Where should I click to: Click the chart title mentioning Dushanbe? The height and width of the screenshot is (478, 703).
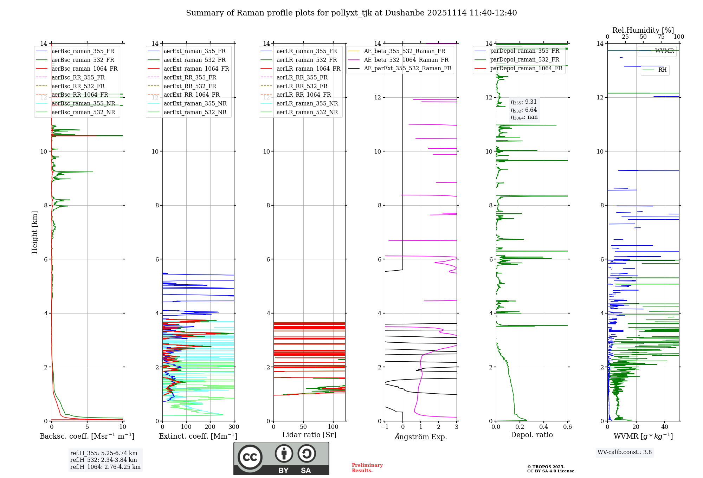click(351, 13)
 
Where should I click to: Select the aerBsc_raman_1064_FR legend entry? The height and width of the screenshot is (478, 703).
click(84, 69)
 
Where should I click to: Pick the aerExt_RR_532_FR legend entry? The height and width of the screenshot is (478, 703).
click(190, 86)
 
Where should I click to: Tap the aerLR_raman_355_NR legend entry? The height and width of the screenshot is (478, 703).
click(307, 103)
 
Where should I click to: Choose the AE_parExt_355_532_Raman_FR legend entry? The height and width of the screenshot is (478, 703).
click(408, 68)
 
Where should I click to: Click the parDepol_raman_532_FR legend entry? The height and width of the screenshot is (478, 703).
click(524, 60)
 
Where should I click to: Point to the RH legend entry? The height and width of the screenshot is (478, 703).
click(662, 70)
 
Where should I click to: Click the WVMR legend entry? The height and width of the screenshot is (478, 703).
click(664, 51)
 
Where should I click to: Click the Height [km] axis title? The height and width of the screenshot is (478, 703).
click(34, 232)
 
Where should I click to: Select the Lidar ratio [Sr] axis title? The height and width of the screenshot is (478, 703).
click(309, 435)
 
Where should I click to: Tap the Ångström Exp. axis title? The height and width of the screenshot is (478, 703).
click(421, 437)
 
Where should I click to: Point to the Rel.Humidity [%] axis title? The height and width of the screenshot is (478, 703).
click(643, 30)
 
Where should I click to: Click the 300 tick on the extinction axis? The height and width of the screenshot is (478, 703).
click(234, 427)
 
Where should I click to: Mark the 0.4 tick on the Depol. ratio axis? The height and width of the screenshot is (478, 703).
click(543, 427)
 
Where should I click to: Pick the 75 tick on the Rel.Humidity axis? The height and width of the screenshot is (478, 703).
click(661, 37)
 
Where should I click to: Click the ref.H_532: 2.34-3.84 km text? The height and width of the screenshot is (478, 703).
click(104, 460)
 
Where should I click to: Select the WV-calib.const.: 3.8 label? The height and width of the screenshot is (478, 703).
click(625, 452)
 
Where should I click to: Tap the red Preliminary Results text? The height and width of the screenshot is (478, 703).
click(367, 468)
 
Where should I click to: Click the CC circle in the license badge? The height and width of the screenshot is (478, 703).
click(250, 457)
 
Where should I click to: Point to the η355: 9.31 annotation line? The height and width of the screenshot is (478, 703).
click(524, 102)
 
